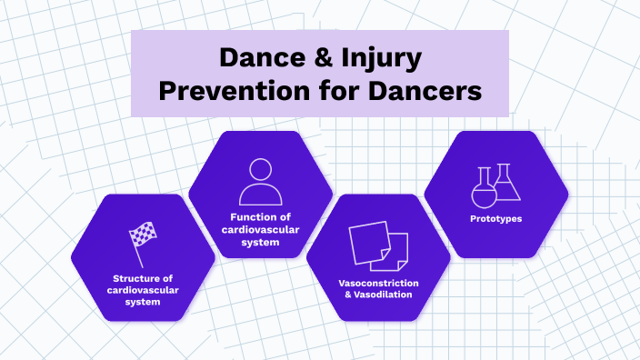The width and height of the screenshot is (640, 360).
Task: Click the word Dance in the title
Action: pyautogui.click(x=263, y=60)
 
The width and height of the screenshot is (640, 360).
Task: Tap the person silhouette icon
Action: pyautogui.click(x=261, y=181)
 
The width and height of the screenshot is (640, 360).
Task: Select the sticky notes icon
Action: pyautogui.click(x=378, y=245)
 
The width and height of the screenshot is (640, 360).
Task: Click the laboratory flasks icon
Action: pyautogui.click(x=496, y=184)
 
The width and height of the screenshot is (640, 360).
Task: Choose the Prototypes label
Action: pyautogui.click(x=496, y=218)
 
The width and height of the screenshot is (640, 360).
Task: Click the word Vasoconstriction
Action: pyautogui.click(x=378, y=283)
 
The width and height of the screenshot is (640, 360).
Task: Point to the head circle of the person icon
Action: pyautogui.click(x=261, y=169)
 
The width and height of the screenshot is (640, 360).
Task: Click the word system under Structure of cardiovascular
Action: pyautogui.click(x=143, y=302)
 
